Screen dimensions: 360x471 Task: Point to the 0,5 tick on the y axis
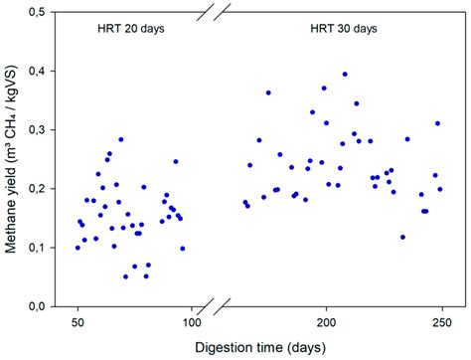click(37, 11)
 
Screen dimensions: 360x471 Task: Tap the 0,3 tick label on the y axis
click(37, 129)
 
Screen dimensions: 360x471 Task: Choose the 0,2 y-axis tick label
click(37, 188)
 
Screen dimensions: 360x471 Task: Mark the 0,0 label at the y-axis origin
click(37, 306)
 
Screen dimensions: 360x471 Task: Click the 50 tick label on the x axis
click(78, 322)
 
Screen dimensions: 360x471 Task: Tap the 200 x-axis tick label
click(326, 322)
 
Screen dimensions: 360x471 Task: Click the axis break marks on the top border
click(223, 11)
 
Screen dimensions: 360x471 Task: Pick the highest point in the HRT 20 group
click(121, 139)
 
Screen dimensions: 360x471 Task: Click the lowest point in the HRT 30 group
click(402, 237)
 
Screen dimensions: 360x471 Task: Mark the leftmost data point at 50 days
click(78, 247)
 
